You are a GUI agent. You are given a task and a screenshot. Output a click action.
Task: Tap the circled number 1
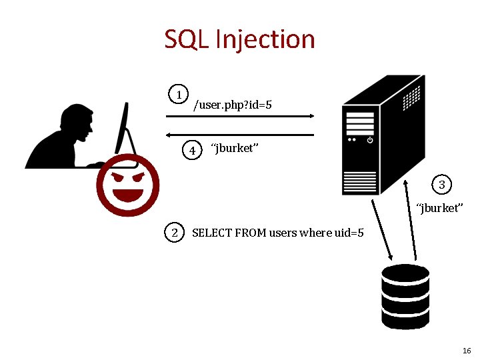pos(179,95)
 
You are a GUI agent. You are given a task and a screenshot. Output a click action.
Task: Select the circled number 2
pos(175,233)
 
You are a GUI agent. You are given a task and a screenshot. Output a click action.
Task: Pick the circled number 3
pos(441,184)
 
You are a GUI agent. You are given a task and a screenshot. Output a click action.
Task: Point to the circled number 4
pos(192,150)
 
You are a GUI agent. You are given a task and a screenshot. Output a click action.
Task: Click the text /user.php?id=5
pos(232,105)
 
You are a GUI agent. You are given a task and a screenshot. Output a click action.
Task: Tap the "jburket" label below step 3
pos(438,208)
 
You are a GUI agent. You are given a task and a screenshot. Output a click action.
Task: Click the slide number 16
pos(466,351)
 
